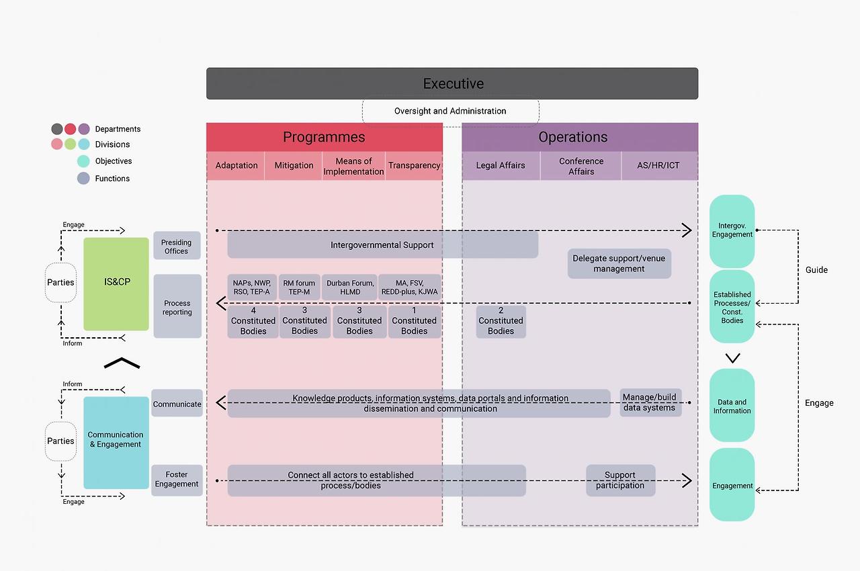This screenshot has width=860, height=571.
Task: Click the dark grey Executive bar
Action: click(x=451, y=84)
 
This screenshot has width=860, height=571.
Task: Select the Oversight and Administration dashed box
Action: click(x=450, y=112)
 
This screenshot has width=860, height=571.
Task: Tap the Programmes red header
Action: click(x=324, y=137)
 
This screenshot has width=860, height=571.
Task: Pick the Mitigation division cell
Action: click(x=294, y=166)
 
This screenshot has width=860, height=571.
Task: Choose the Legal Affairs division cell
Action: click(x=501, y=166)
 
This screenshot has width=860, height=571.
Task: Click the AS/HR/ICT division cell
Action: click(x=659, y=166)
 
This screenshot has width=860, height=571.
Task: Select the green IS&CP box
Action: click(x=116, y=283)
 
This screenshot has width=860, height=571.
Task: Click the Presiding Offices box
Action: click(x=177, y=247)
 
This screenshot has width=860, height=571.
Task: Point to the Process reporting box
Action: click(x=177, y=307)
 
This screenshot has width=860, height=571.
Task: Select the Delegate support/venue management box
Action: click(x=619, y=264)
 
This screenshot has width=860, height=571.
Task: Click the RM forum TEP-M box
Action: click(x=299, y=288)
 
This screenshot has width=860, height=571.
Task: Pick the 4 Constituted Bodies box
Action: click(x=253, y=321)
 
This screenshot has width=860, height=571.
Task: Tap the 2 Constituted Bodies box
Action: click(x=501, y=321)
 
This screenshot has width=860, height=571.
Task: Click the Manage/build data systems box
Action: click(x=650, y=402)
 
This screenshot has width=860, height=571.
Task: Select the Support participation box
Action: click(x=620, y=480)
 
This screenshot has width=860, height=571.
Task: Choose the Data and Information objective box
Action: click(x=732, y=406)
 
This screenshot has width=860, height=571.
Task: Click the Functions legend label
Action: click(x=112, y=179)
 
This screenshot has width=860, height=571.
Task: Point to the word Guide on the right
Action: click(x=816, y=270)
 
